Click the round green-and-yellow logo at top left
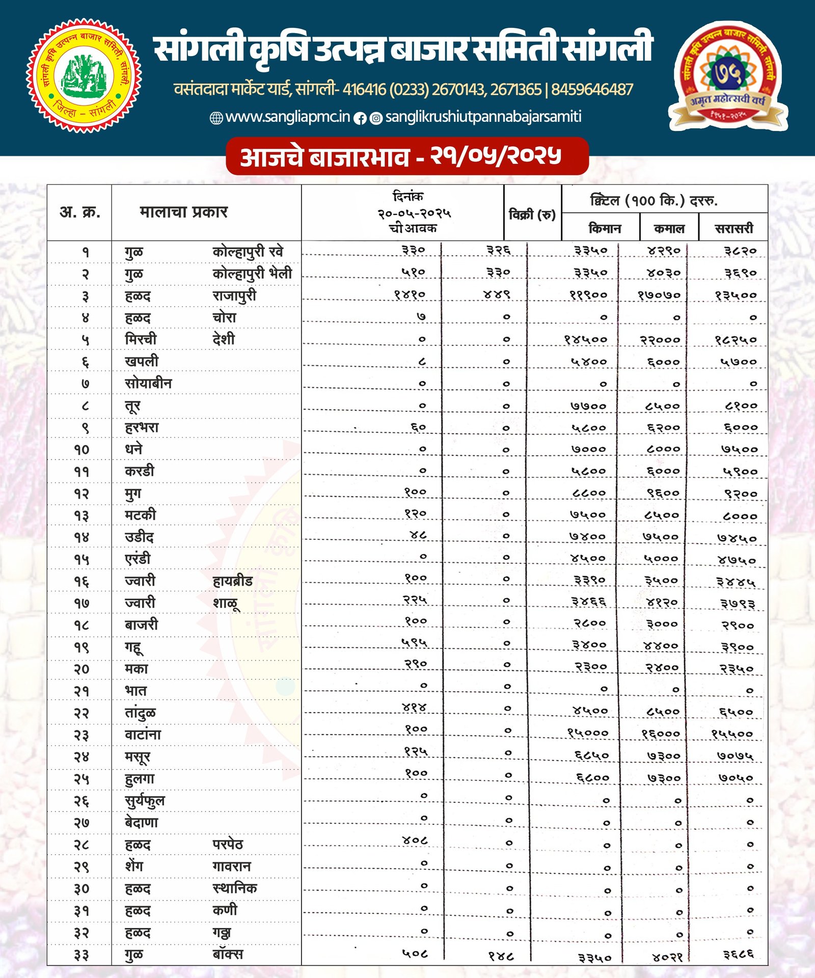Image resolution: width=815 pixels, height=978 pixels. click(x=84, y=75)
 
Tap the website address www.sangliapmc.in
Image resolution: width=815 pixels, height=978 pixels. click(x=287, y=117)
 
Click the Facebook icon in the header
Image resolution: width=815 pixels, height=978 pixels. click(x=360, y=119)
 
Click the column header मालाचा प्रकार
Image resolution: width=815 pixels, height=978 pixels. click(x=183, y=212)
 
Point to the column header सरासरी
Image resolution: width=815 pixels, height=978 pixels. click(x=733, y=228)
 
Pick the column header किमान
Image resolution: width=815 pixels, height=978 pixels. click(x=604, y=228)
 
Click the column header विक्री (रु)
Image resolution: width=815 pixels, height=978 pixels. click(x=532, y=214)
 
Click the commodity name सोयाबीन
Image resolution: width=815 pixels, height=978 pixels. click(x=148, y=384)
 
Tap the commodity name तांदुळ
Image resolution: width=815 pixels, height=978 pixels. click(x=141, y=713)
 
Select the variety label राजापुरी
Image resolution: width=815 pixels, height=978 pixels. click(x=234, y=296)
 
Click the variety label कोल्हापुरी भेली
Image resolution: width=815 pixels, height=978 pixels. click(x=252, y=274)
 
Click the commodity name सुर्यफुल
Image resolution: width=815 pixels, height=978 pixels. click(x=145, y=801)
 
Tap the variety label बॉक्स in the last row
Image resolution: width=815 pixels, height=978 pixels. click(x=228, y=955)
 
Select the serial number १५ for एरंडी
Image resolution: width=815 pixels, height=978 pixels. click(x=81, y=559)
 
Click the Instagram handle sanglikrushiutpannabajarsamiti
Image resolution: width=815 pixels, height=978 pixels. click(x=483, y=117)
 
